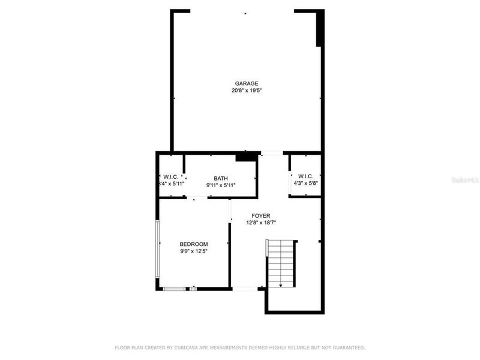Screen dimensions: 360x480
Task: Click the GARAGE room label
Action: (x=247, y=83)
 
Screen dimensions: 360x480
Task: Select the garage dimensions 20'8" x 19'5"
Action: (x=247, y=91)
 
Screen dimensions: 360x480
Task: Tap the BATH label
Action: (x=220, y=178)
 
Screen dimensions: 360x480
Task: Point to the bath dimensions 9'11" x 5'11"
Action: (x=220, y=185)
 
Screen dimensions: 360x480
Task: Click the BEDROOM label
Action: (x=194, y=244)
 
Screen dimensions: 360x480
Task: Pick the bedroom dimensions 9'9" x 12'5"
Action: (x=194, y=251)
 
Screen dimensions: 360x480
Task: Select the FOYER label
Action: (x=260, y=215)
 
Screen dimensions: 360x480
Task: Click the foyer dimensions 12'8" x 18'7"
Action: (x=260, y=223)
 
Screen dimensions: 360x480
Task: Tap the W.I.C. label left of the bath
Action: (x=170, y=177)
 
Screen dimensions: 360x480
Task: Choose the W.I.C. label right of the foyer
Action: (x=305, y=176)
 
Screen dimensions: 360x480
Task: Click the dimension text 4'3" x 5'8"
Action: (x=305, y=184)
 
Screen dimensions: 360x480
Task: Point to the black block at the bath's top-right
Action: (x=245, y=157)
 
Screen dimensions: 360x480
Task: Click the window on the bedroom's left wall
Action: (x=157, y=249)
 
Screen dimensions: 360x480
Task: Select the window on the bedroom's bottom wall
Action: (x=174, y=289)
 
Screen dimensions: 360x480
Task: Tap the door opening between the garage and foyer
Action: (x=272, y=153)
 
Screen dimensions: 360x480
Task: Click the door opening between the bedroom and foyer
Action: (x=230, y=210)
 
